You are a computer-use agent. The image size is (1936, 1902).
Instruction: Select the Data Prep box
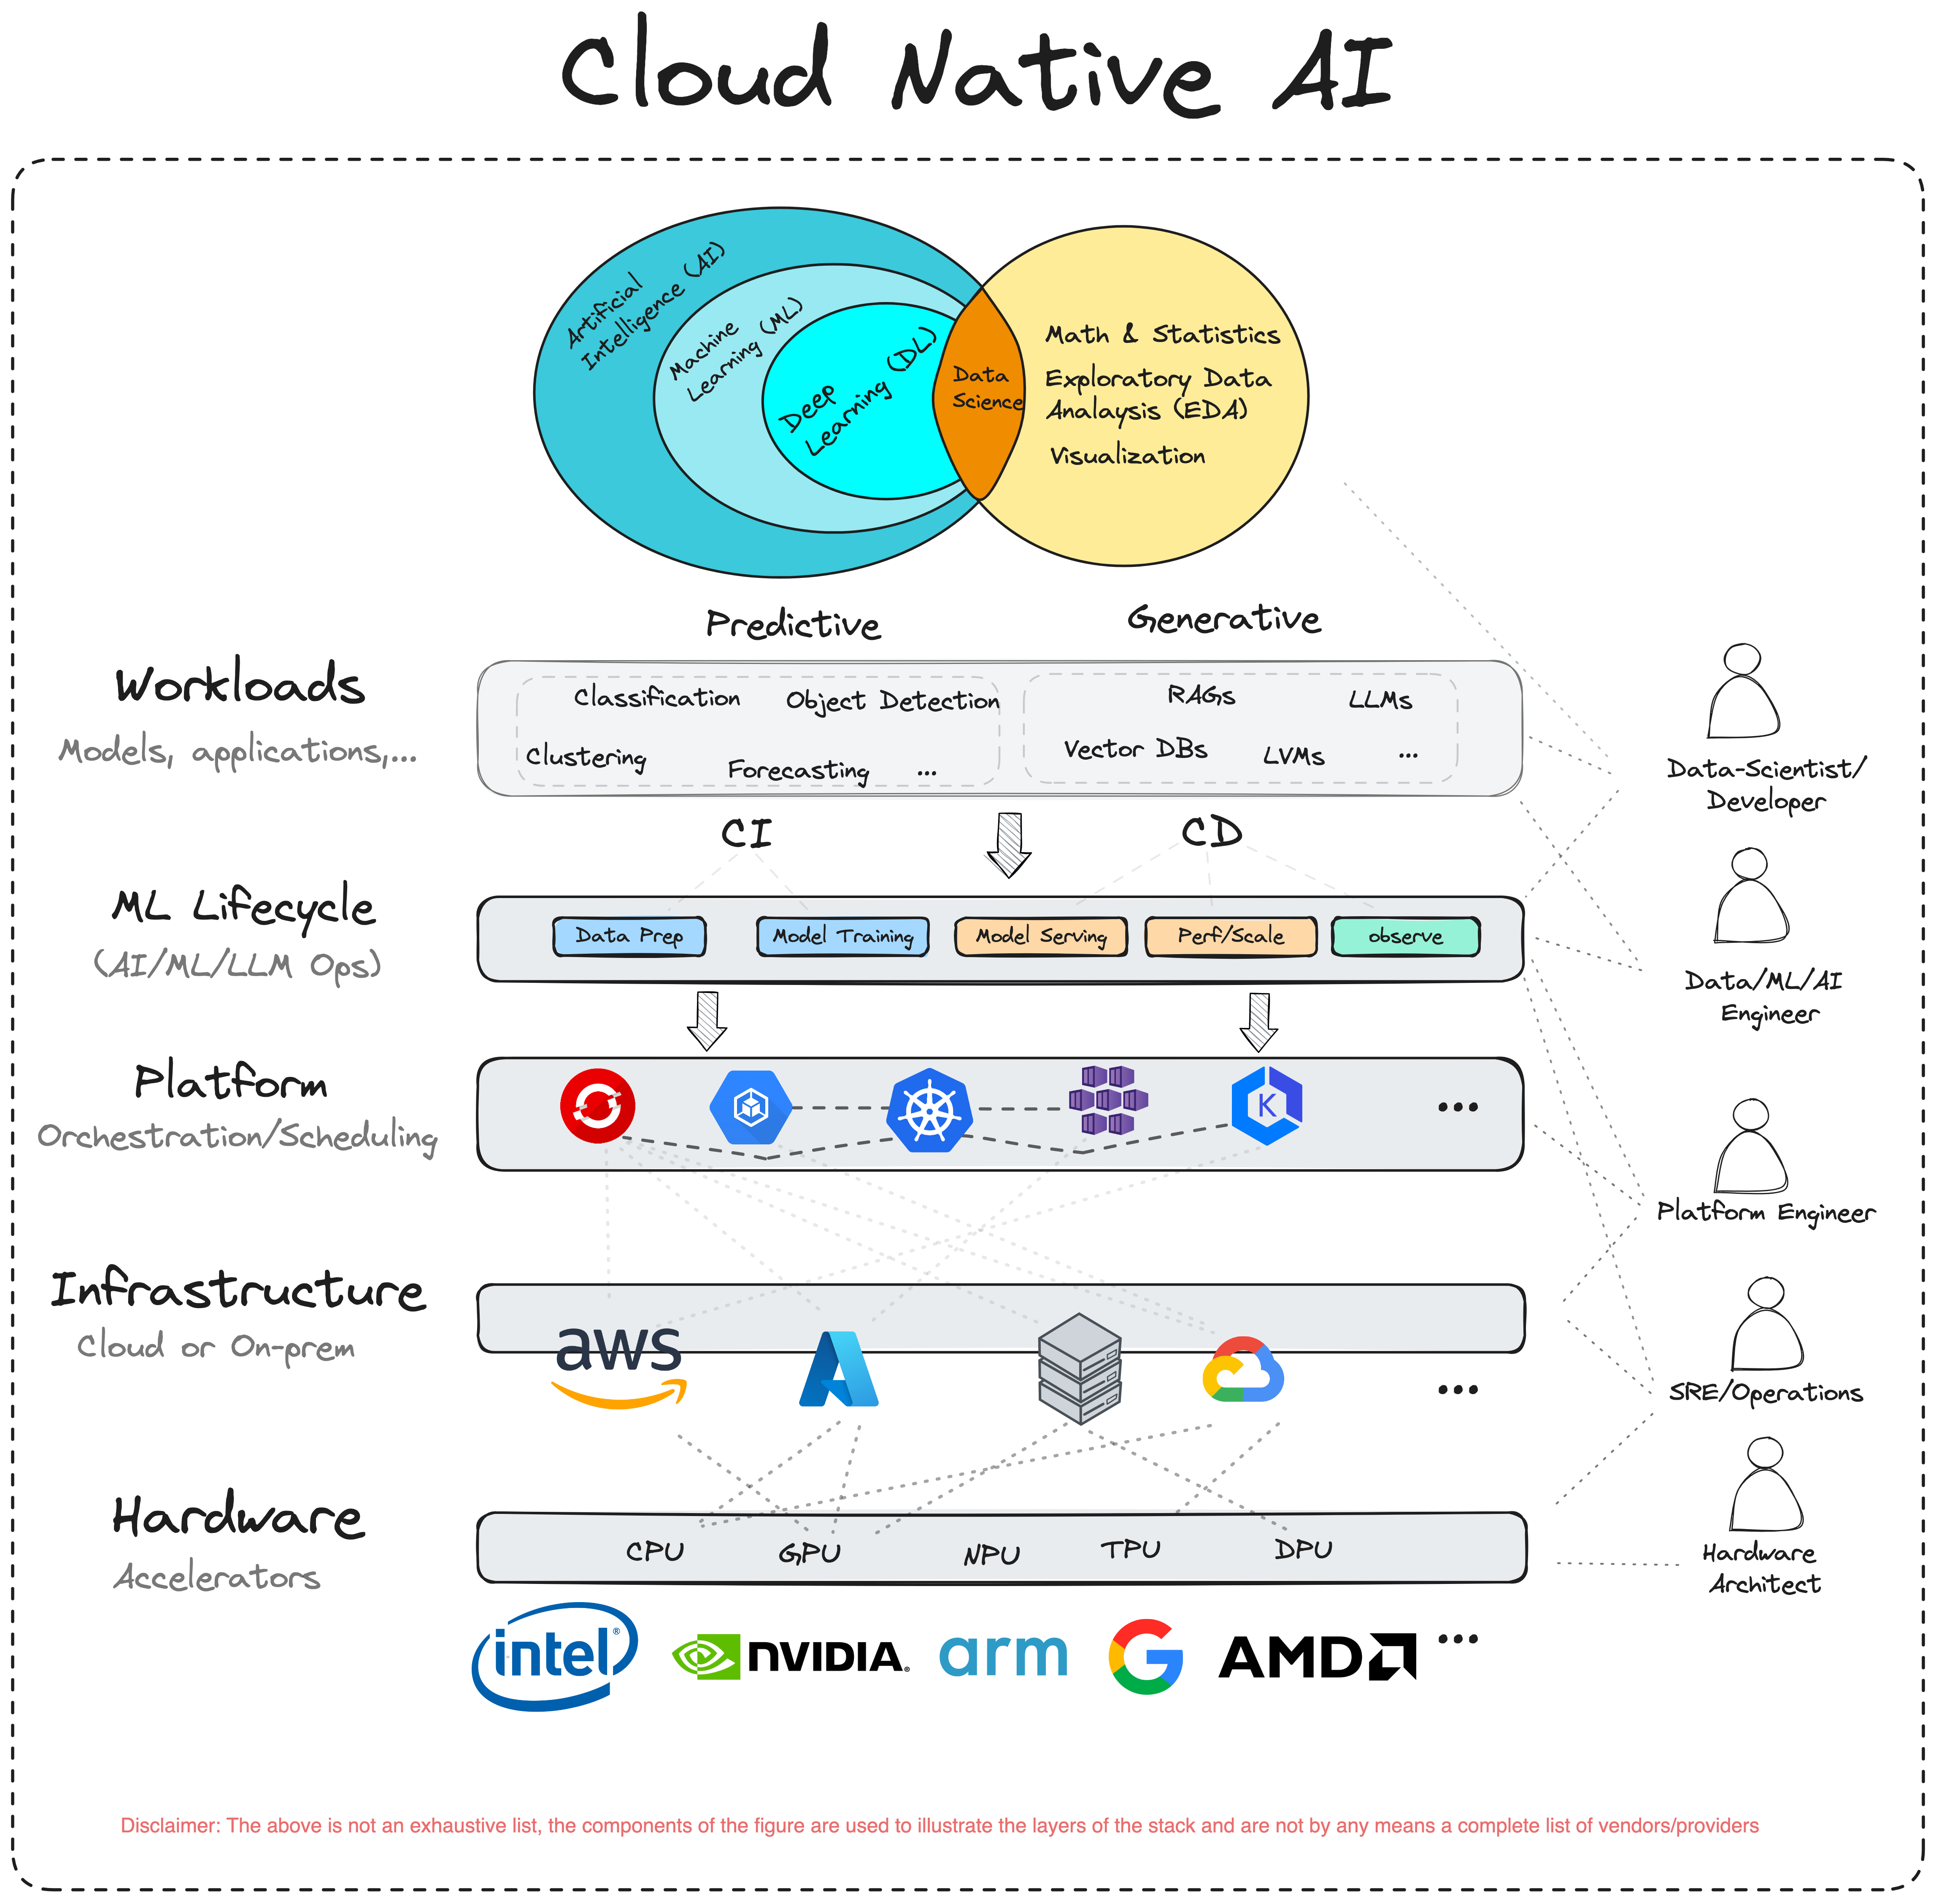click(629, 936)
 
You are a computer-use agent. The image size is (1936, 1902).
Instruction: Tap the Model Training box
click(842, 936)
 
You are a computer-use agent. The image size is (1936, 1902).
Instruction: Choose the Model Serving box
click(1041, 936)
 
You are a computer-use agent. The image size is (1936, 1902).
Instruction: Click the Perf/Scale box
click(1230, 936)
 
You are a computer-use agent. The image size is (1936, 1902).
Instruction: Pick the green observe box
click(1406, 936)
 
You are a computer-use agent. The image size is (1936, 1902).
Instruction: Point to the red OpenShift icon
click(597, 1105)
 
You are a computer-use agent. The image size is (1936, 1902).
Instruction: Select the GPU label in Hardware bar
click(809, 1554)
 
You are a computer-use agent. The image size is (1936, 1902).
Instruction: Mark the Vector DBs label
click(1135, 749)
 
